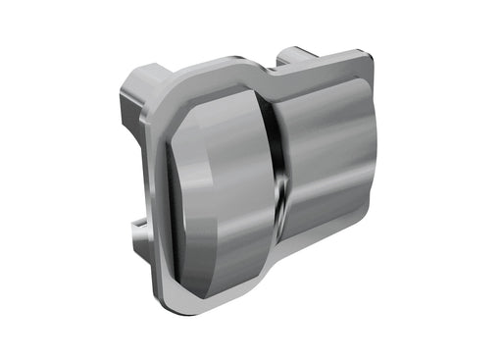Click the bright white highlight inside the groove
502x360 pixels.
280,186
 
